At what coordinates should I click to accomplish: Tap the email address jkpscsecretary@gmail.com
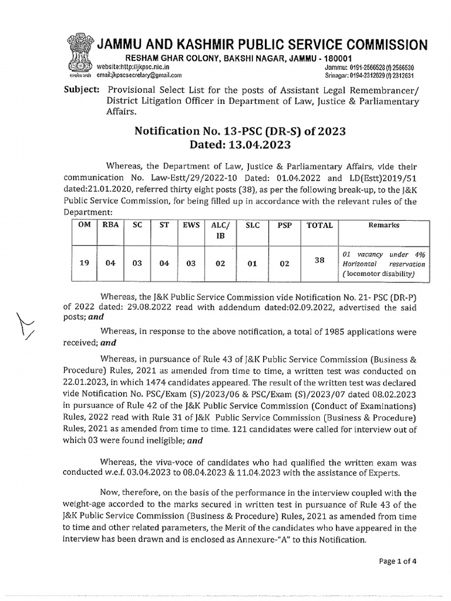pyautogui.click(x=139, y=75)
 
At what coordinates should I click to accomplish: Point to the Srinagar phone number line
pyautogui.click(x=374, y=75)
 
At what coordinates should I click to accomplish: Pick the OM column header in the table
pyautogui.click(x=84, y=225)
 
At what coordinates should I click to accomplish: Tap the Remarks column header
pyautogui.click(x=383, y=225)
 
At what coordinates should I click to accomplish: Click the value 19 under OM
pyautogui.click(x=84, y=264)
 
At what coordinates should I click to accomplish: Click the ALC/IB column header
pyautogui.click(x=220, y=230)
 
